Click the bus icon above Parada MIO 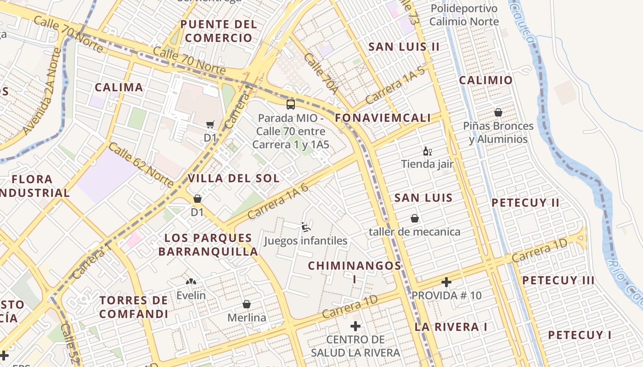tap(290, 104)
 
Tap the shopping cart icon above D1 tap(210, 124)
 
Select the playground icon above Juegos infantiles tap(305, 227)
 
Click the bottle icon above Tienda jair tap(427, 151)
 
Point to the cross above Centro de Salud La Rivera tap(355, 326)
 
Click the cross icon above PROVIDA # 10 tap(446, 282)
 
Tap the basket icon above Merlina tap(247, 304)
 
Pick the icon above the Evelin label tap(191, 281)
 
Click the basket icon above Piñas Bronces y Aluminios tap(498, 112)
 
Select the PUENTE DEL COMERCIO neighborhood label tap(218, 31)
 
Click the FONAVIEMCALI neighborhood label tap(383, 118)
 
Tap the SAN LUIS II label tap(404, 47)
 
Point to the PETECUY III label tap(558, 280)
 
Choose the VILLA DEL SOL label tap(233, 178)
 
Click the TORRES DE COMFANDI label tap(134, 307)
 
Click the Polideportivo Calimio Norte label tap(464, 15)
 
